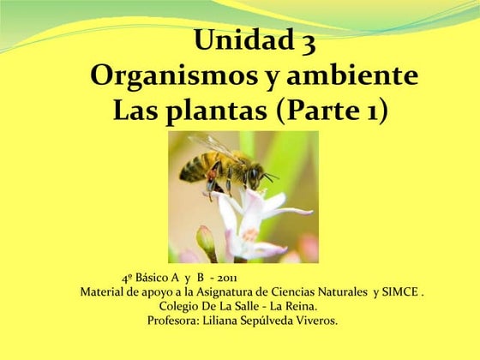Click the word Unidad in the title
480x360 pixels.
[242, 40]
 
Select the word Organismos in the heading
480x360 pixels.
[172, 76]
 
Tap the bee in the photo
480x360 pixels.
[223, 165]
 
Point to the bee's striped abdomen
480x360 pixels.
[195, 166]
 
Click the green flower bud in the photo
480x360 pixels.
[206, 241]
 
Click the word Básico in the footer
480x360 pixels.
[154, 279]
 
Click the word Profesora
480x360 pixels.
[175, 321]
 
